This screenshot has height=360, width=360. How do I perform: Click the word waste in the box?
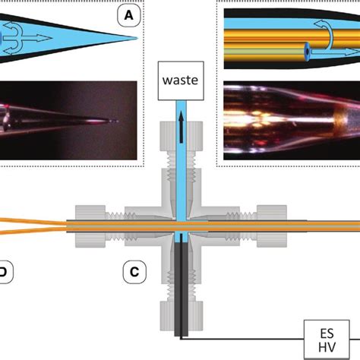(179, 78)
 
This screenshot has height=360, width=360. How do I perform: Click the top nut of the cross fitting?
(179, 141)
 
